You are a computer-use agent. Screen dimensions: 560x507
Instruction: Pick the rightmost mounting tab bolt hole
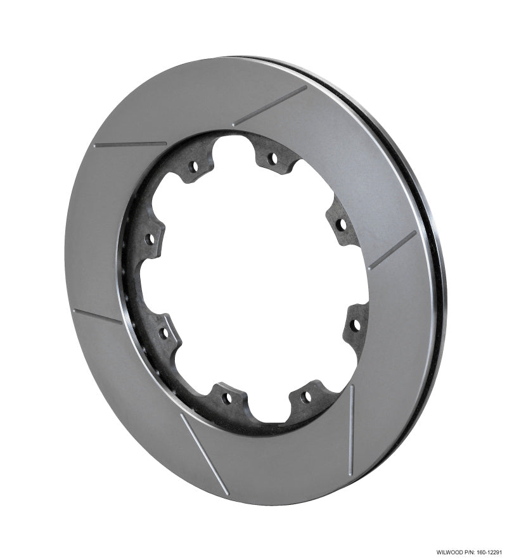tap(356, 325)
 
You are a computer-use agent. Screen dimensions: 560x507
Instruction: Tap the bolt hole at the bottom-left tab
tap(226, 398)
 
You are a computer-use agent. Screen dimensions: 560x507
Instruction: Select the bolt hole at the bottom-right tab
tap(305, 397)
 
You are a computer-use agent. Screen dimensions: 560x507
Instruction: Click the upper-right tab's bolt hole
tap(341, 224)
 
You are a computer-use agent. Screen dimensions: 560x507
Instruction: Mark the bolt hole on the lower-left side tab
tap(164, 331)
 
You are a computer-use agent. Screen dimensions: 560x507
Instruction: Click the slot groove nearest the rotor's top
tap(269, 106)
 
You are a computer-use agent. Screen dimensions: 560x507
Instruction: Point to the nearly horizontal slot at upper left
tap(130, 144)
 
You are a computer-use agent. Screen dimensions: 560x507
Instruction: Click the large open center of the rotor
tap(253, 285)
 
